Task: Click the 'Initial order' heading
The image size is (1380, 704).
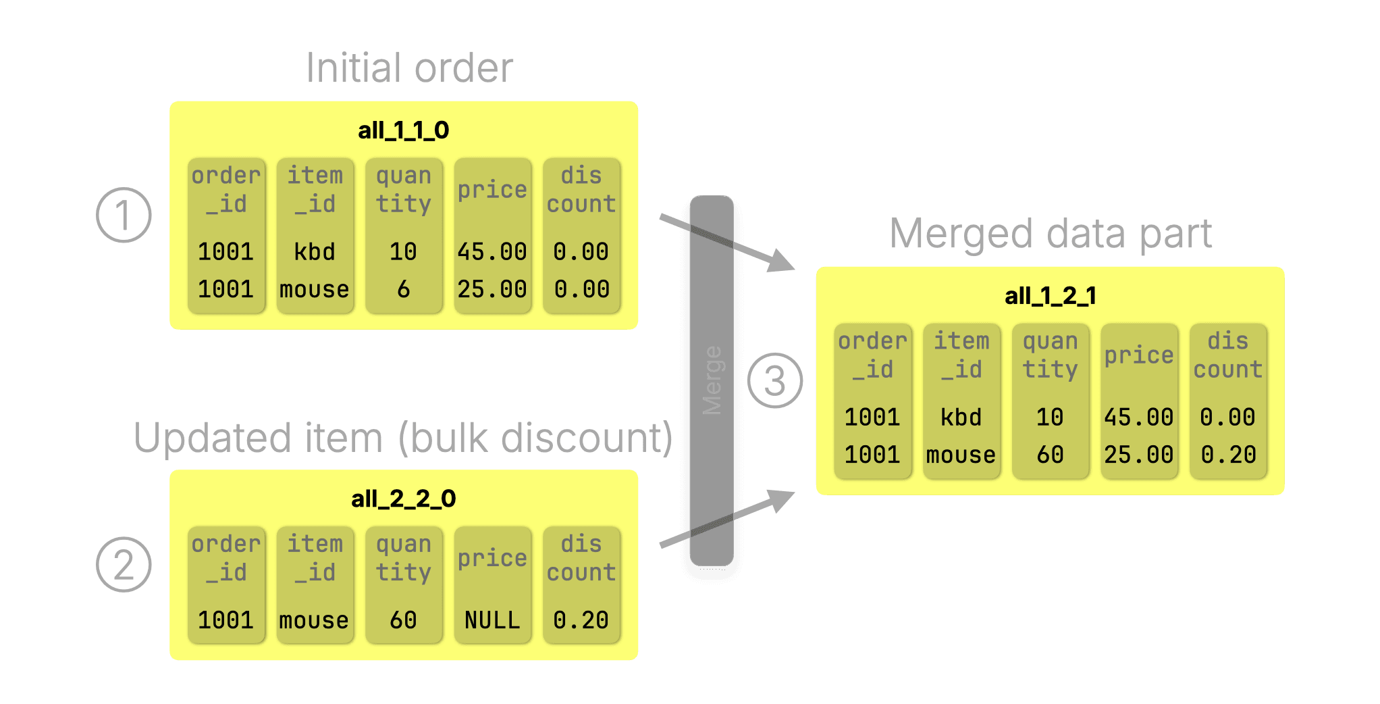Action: (x=409, y=68)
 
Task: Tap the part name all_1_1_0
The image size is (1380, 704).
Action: (x=403, y=130)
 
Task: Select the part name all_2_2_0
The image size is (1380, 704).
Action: (x=403, y=499)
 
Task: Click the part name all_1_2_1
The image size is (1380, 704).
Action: (x=1050, y=296)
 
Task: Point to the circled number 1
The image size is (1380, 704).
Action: (x=124, y=216)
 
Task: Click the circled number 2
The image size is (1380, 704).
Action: (x=124, y=565)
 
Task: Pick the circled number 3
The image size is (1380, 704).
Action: (x=775, y=381)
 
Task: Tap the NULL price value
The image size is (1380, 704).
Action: (x=492, y=620)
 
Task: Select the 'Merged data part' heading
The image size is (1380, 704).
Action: (x=1051, y=234)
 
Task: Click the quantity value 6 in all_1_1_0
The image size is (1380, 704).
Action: (x=403, y=290)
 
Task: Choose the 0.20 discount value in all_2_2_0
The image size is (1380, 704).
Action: (x=581, y=620)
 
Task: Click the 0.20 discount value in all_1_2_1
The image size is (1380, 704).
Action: (x=1227, y=455)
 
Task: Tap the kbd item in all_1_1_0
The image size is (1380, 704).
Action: (x=315, y=252)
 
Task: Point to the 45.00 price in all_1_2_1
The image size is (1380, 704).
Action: (x=1138, y=418)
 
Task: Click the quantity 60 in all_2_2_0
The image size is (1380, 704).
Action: (x=403, y=620)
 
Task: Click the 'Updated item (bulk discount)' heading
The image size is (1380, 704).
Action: (x=403, y=438)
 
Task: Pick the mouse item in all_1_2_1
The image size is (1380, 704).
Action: (x=961, y=455)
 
